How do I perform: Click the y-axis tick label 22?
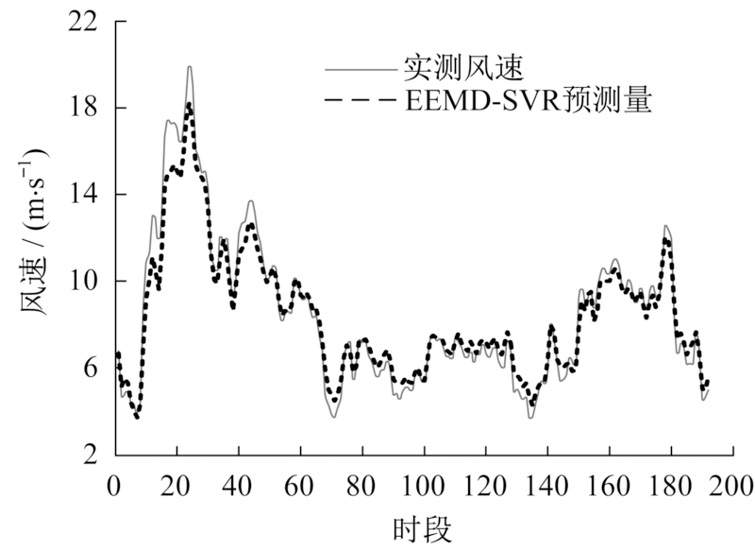[86, 21]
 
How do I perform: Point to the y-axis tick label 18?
[86, 108]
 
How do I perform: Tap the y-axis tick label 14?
[86, 195]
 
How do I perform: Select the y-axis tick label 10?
[86, 281]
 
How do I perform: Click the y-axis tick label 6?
[92, 368]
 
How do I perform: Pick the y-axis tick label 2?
[92, 455]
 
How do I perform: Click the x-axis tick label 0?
[114, 488]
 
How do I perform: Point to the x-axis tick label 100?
[423, 488]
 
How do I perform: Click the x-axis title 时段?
[422, 526]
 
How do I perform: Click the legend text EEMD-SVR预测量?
[528, 101]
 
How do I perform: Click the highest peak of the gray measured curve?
[190, 67]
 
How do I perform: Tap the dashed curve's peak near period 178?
[666, 240]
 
